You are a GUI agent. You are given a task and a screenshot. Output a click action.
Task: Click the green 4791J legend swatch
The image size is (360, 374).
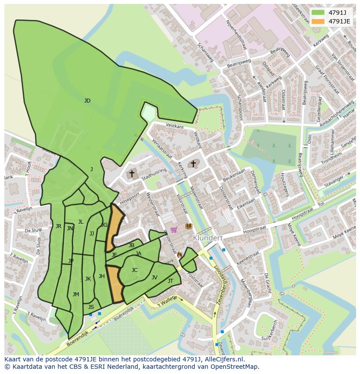[x=318, y=12]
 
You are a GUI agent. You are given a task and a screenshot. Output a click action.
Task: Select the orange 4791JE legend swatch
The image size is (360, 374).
[x=318, y=21]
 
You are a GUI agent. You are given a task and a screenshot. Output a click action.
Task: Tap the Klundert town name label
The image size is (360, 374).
[x=208, y=238]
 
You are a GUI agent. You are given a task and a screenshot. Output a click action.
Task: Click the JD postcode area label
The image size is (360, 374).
[x=87, y=101]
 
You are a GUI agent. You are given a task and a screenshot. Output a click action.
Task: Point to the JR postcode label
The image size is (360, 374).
[x=58, y=226]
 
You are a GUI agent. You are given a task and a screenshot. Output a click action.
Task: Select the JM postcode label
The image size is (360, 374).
[x=76, y=295]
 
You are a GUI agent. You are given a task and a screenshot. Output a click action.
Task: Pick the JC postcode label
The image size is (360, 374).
[x=134, y=270]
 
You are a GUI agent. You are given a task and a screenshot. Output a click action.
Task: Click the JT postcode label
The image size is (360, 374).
[x=170, y=281]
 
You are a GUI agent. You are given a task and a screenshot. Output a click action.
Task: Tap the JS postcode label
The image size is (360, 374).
[x=91, y=307]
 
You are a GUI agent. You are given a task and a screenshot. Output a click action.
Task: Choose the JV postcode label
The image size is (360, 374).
[x=154, y=278]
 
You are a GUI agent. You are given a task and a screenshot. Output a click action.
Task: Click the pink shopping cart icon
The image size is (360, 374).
[x=174, y=229]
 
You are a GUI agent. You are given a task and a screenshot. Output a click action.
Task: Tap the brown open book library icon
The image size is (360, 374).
[x=188, y=226]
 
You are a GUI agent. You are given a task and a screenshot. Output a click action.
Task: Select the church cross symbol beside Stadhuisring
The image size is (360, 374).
[x=132, y=173]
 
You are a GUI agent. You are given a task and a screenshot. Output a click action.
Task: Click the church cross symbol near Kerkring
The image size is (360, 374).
[x=193, y=164]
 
